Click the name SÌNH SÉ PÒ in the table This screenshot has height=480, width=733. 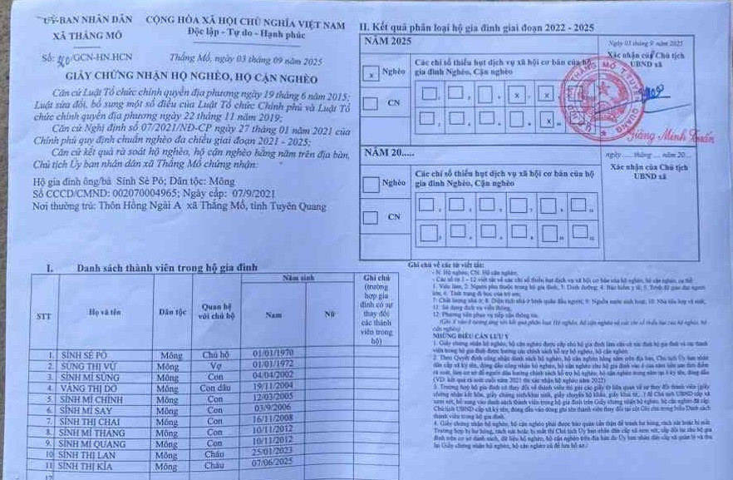tap(84, 354)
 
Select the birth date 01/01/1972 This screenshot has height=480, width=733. tap(273, 364)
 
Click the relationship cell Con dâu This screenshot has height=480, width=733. tap(214, 388)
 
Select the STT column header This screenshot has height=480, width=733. tap(44, 316)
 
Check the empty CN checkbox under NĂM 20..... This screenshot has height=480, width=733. tap(371, 217)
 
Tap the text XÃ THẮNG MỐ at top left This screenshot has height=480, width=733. tap(86, 37)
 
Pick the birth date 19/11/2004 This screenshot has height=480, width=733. tap(273, 386)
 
